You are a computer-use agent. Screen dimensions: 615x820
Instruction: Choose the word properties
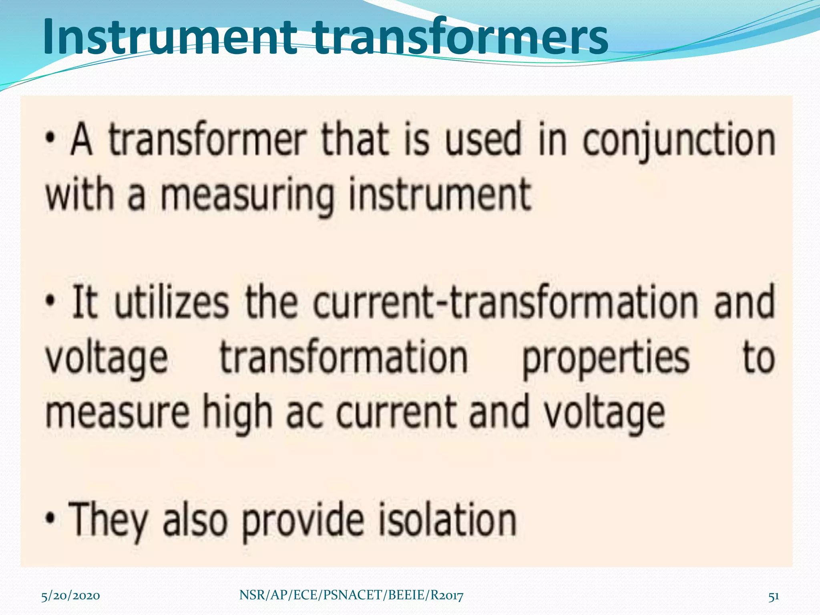606,358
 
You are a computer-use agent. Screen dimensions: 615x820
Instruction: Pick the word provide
303,520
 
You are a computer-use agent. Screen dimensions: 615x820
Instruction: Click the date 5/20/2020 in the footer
70,596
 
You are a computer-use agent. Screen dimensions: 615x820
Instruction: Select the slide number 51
774,596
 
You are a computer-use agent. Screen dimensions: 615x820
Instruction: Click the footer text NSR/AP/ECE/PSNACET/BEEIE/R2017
351,596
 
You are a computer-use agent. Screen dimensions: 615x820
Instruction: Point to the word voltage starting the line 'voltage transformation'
107,358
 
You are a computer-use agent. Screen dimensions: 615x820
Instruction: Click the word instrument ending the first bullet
440,195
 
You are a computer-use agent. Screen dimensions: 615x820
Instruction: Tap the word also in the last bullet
195,520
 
